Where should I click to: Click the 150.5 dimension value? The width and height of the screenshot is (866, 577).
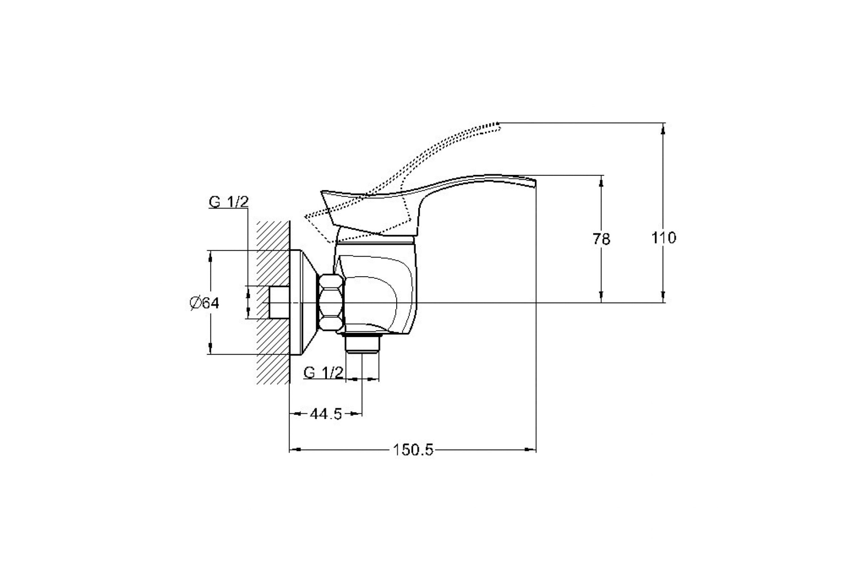[413, 450]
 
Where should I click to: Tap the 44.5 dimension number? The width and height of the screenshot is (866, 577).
[326, 414]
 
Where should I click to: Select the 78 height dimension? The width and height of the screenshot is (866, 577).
[601, 239]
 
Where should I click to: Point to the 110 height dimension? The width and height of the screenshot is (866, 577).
[663, 238]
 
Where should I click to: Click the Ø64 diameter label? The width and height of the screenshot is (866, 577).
[204, 303]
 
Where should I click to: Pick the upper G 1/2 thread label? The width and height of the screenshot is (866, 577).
[229, 202]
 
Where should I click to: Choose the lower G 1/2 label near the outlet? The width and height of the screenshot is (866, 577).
[323, 372]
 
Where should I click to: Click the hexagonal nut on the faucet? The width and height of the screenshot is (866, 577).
[331, 303]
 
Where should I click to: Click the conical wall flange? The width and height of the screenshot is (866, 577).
[305, 303]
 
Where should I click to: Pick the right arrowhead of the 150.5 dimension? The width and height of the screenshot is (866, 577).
[532, 450]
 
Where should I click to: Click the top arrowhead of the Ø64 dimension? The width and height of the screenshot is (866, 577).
[210, 255]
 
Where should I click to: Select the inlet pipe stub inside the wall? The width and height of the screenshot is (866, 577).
[279, 303]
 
